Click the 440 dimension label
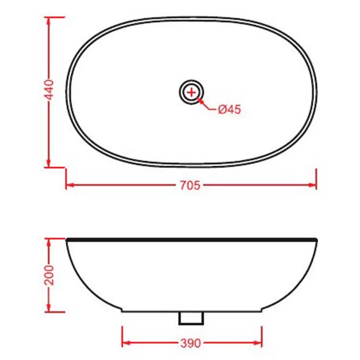point(49,90)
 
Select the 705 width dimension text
point(190,185)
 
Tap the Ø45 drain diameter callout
point(229,109)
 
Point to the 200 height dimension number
point(49,275)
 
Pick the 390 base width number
point(191,343)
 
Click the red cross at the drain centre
point(191,92)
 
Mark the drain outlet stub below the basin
point(191,318)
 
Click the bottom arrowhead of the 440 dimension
point(48,163)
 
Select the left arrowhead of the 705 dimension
point(70,185)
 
